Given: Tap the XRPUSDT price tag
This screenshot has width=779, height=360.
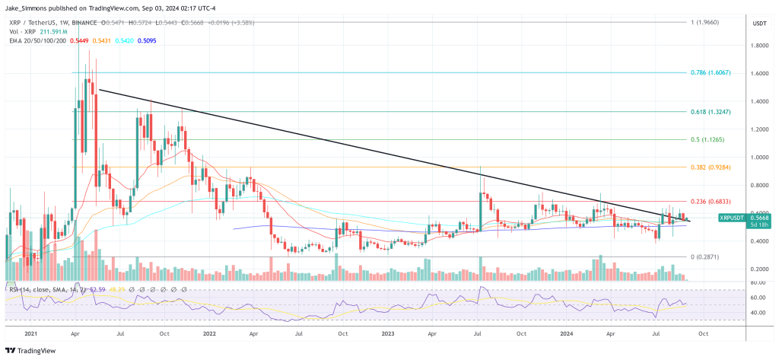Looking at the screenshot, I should [734, 218].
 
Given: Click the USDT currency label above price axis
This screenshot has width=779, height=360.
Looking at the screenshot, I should [758, 24].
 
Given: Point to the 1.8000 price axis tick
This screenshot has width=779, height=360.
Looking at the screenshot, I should [758, 46].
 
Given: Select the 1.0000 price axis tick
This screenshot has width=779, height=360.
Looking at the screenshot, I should [758, 158].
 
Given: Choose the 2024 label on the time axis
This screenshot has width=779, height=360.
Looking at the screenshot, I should [565, 333].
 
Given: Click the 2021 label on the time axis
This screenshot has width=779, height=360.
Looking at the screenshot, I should [31, 333].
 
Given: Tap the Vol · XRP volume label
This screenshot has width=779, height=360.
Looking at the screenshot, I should [21, 30].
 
